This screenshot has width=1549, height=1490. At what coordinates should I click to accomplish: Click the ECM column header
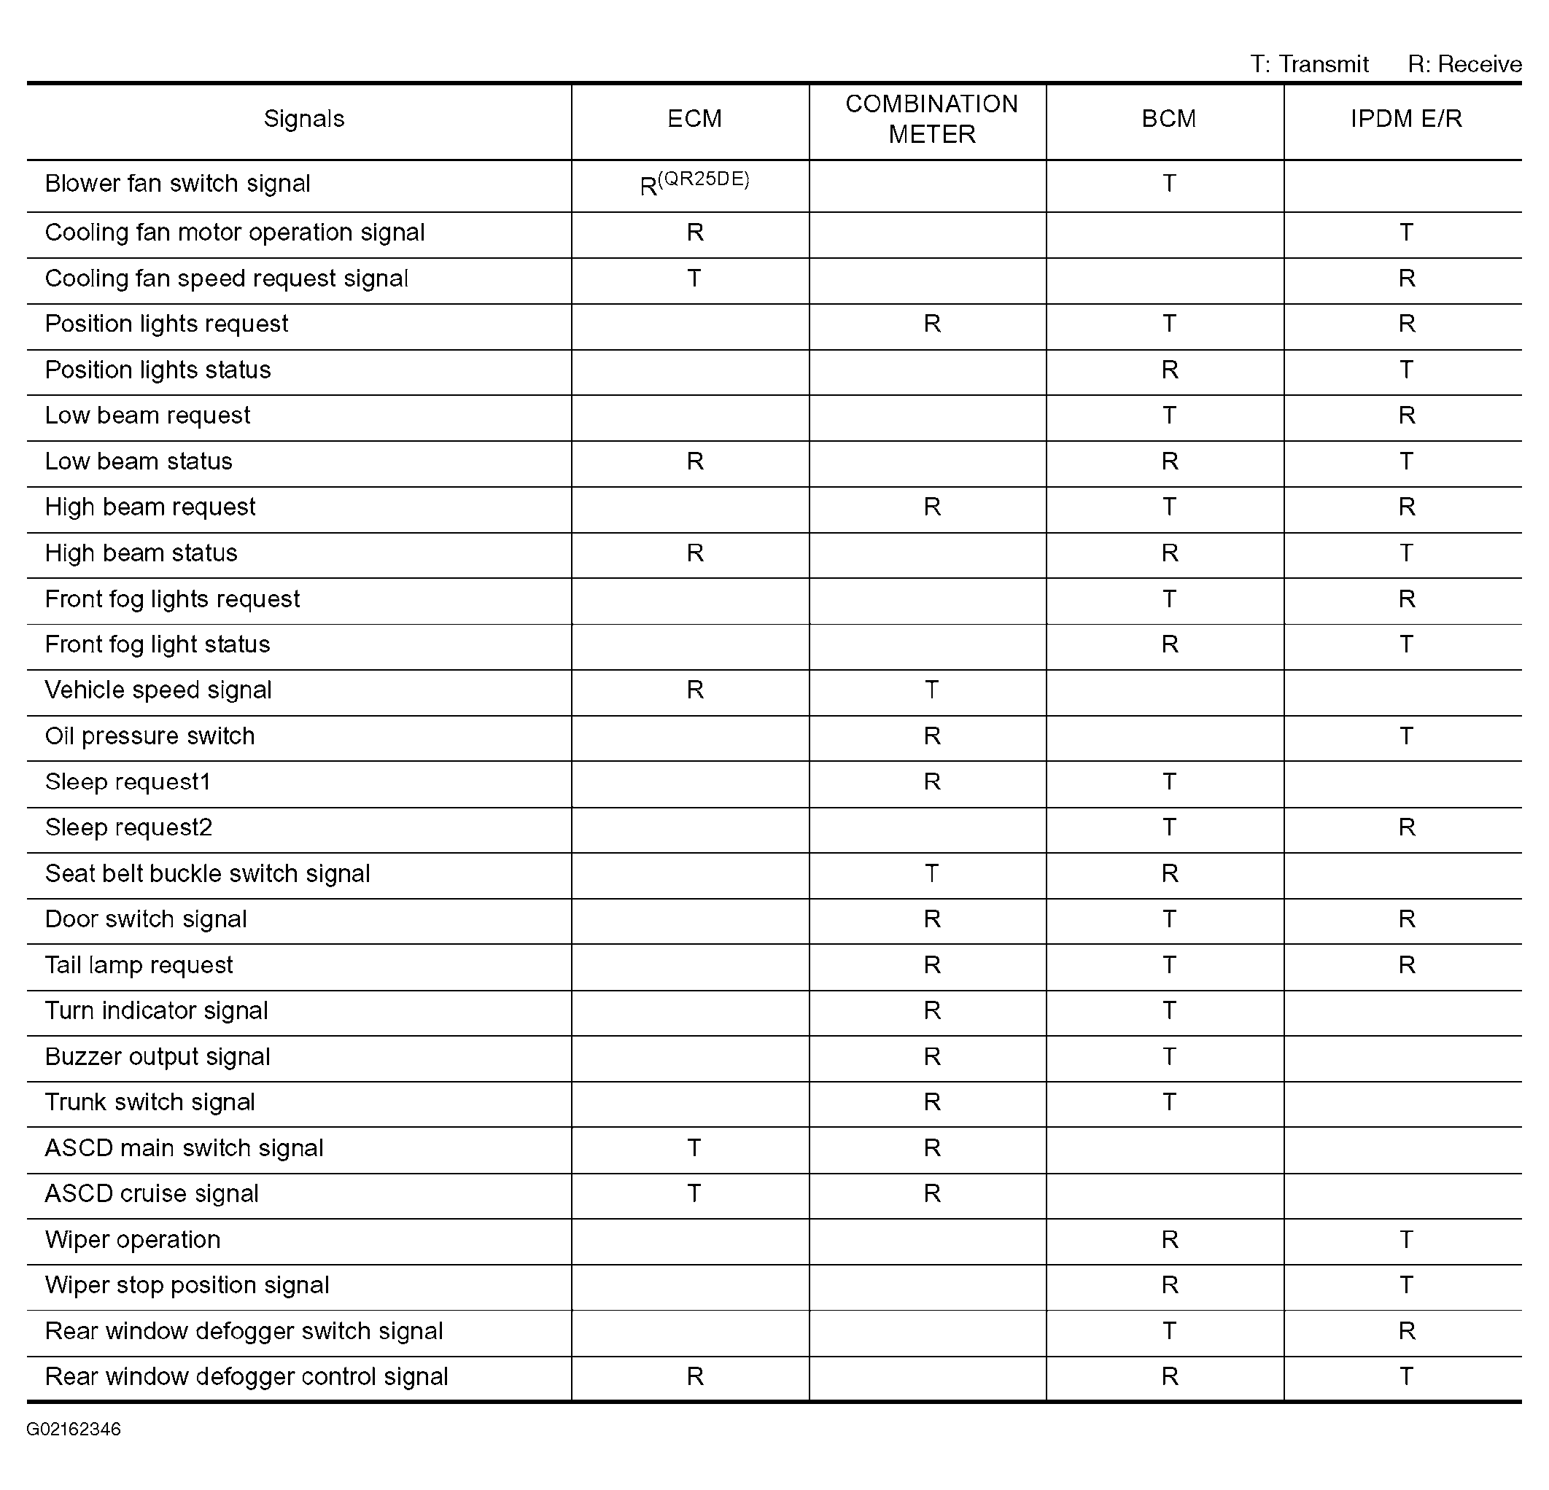pos(694,120)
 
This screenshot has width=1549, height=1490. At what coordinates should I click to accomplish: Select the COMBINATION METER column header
pos(931,120)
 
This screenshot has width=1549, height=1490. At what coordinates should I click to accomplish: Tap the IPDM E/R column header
pos(1405,120)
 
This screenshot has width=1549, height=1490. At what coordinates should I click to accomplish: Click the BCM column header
pos(1168,120)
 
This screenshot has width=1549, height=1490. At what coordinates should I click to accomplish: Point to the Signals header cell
pos(303,120)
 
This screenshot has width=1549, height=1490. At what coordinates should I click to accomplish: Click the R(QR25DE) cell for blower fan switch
pos(694,184)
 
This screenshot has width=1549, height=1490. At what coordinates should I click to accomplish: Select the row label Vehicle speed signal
pos(158,690)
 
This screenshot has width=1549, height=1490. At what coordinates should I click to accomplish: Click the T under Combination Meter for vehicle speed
pos(932,690)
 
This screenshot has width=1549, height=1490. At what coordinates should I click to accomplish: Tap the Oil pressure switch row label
pos(150,736)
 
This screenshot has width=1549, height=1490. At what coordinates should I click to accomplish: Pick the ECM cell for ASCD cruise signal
pos(694,1194)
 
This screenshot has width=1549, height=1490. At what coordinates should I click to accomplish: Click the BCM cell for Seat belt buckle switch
pos(1170,874)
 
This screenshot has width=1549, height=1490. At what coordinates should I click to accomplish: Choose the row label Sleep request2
pos(129,828)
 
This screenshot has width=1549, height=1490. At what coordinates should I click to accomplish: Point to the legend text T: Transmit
pos(1309,64)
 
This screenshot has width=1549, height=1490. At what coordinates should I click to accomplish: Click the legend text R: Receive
pos(1464,64)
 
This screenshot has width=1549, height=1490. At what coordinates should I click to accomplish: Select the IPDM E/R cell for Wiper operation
pos(1406,1239)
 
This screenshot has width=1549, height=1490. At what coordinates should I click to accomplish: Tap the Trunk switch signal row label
pos(150,1102)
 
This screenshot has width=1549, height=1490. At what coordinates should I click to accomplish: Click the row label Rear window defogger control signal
pos(246,1377)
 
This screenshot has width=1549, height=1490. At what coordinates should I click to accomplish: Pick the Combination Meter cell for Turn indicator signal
pos(932,1011)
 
